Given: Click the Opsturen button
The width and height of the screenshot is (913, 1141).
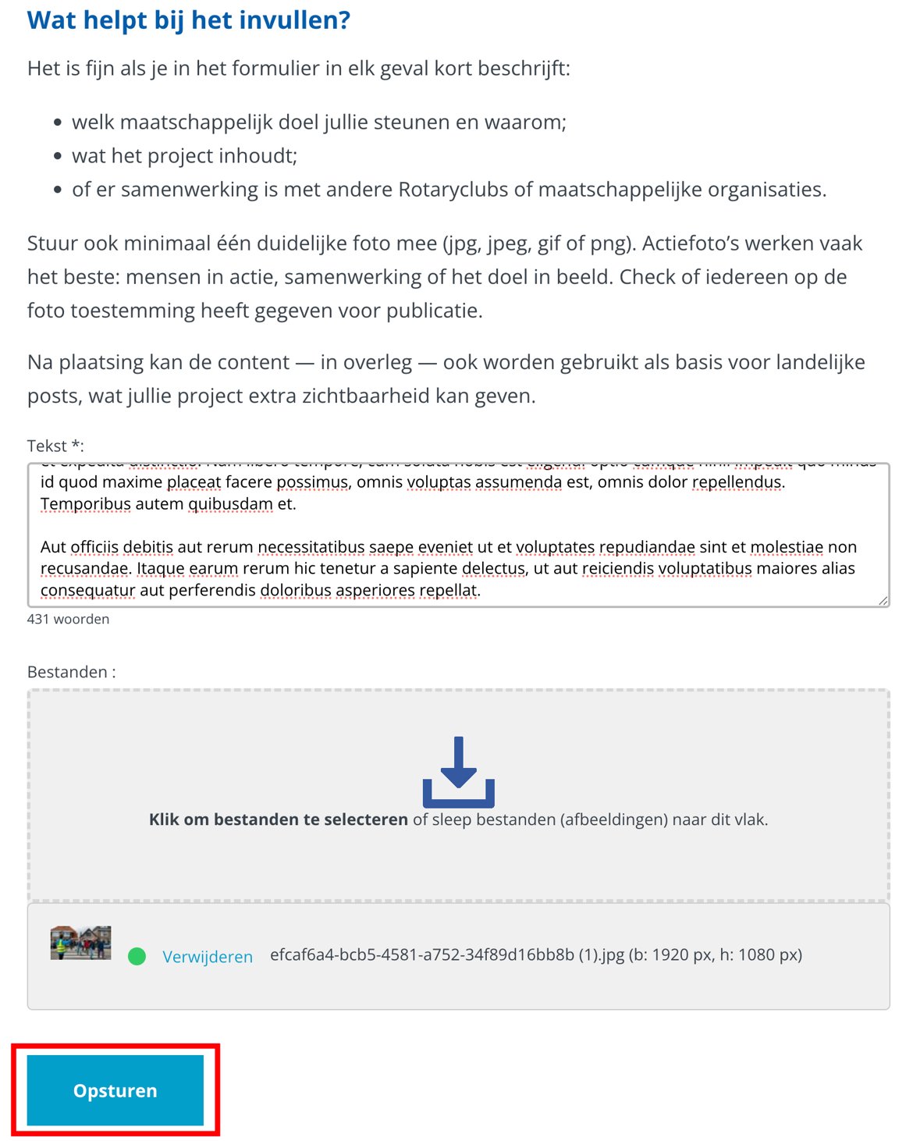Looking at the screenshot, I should (115, 1090).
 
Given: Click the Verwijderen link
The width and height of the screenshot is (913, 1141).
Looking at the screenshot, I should (208, 957).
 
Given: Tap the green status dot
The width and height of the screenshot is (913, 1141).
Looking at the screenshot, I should (137, 956).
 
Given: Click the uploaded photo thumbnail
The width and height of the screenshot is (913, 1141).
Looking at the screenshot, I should (80, 943).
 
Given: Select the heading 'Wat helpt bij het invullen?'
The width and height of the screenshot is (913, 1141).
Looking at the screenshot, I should (189, 20).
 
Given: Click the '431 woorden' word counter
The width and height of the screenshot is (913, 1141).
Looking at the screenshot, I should (68, 619).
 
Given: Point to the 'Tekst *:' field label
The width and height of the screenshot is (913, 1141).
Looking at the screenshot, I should (55, 446).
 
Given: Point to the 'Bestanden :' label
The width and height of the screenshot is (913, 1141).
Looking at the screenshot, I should (71, 672).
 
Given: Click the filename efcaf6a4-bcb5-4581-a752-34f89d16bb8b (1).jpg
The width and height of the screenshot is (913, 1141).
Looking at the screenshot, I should (446, 954).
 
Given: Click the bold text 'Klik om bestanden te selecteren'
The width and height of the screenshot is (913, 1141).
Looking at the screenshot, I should (278, 819).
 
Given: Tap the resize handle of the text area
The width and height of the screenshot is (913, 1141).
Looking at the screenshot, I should (883, 600).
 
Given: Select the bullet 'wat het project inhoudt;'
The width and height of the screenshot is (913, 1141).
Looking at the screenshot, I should (184, 156).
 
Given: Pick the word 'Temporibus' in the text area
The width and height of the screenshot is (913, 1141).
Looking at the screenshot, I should (85, 504).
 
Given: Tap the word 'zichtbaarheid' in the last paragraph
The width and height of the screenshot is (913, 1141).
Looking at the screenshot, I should (365, 396).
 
